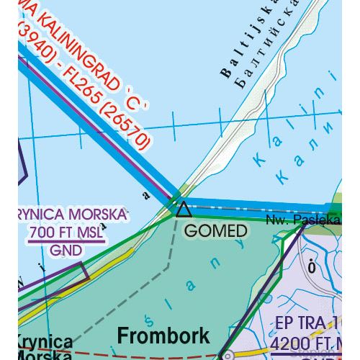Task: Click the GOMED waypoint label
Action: point(216,231)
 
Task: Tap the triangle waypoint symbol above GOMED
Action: point(184,210)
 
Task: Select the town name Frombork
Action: point(163,335)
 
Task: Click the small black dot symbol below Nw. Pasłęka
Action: point(312,267)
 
